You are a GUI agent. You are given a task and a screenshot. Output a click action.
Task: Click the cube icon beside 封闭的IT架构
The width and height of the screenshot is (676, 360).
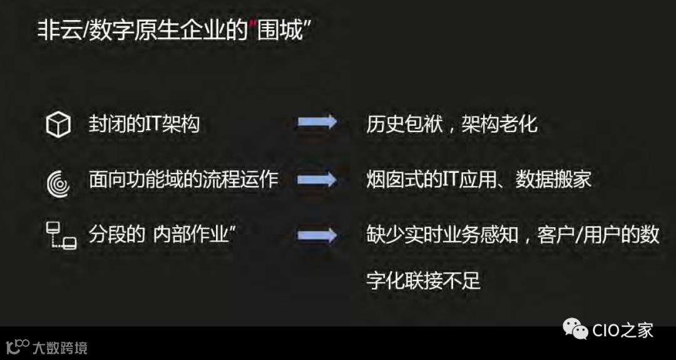(58, 125)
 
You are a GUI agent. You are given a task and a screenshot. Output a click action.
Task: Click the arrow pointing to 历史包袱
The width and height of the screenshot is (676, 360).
(317, 123)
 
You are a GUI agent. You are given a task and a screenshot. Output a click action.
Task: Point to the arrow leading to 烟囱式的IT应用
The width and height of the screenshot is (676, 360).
(317, 180)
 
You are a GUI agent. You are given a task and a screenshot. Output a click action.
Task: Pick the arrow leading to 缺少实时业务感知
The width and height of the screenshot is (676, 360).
(317, 236)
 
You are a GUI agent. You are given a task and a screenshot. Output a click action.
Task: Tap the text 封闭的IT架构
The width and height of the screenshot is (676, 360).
(144, 124)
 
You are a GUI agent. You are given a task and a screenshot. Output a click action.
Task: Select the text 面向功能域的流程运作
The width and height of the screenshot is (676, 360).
(183, 180)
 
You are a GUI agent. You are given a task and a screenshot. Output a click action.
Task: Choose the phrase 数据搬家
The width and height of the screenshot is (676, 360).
(553, 180)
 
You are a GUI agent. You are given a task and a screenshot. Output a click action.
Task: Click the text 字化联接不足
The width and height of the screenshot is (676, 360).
(423, 280)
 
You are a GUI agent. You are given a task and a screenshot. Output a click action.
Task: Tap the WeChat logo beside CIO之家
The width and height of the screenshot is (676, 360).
(575, 329)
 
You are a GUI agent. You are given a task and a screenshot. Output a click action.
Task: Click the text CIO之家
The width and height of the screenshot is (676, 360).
(622, 329)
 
